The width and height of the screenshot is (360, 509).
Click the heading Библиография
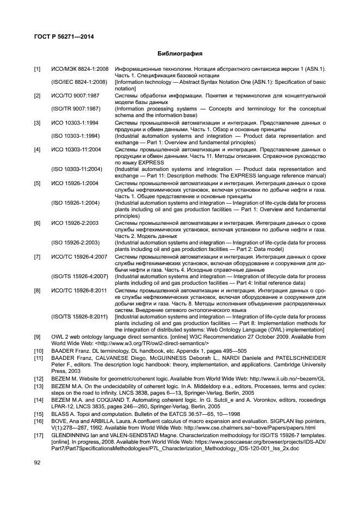(179, 54)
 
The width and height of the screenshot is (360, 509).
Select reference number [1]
(36, 69)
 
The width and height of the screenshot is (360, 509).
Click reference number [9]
(36, 337)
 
